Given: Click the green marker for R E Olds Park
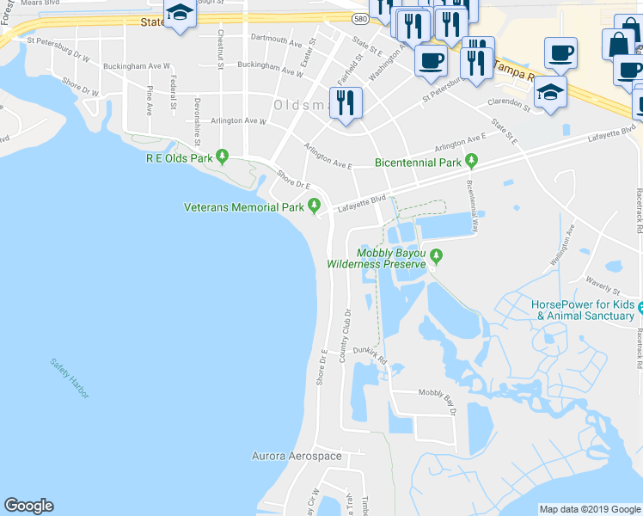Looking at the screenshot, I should (223, 157).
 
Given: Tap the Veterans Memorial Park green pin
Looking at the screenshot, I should (315, 206).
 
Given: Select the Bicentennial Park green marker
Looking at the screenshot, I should (471, 161).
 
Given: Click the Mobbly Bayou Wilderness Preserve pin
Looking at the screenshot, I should (436, 255).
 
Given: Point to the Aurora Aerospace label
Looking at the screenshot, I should (297, 456).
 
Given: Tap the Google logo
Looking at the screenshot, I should (28, 506).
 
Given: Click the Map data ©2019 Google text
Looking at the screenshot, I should (589, 509).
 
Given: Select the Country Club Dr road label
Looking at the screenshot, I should (347, 335).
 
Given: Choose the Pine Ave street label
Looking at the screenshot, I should (149, 101).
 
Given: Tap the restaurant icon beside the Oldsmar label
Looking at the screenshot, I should (346, 103).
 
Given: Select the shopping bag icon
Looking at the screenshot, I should (620, 44).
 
